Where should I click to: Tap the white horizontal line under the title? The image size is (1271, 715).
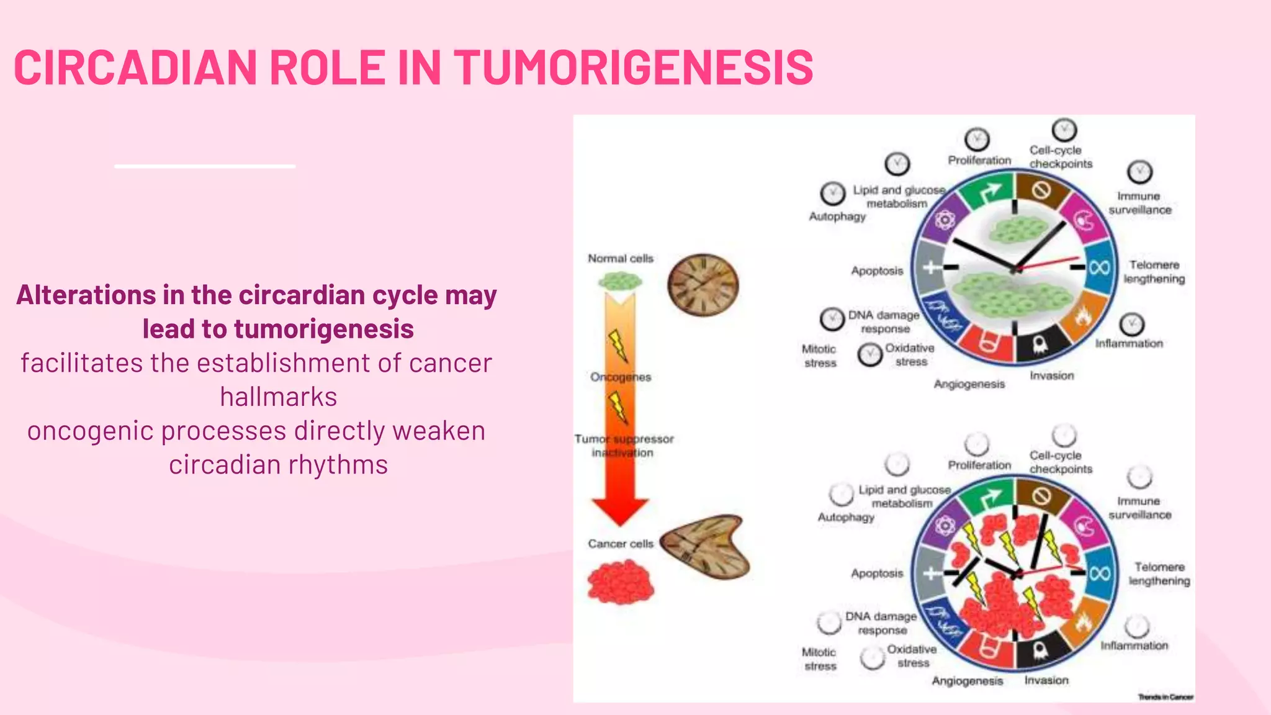coord(205,166)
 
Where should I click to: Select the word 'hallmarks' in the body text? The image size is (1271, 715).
coord(278,397)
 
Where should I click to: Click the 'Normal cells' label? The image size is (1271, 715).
coord(621,258)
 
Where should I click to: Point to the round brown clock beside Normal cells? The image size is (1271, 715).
coord(703,286)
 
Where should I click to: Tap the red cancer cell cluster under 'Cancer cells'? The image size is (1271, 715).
coord(621,582)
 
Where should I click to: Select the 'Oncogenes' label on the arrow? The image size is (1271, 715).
coord(621,377)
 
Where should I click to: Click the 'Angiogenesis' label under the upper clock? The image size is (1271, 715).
coord(969,384)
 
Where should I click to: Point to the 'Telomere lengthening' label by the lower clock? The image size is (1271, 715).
coord(1159,573)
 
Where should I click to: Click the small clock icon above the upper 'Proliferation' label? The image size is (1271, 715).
coord(977,140)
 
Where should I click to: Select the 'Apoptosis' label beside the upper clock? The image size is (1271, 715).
coord(877,271)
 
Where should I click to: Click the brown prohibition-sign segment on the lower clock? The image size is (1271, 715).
coord(1042,495)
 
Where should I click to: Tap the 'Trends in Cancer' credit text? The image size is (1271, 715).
coord(1165,697)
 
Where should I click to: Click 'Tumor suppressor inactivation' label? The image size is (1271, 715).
coord(623,446)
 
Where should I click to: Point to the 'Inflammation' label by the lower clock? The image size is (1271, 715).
coord(1134,645)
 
